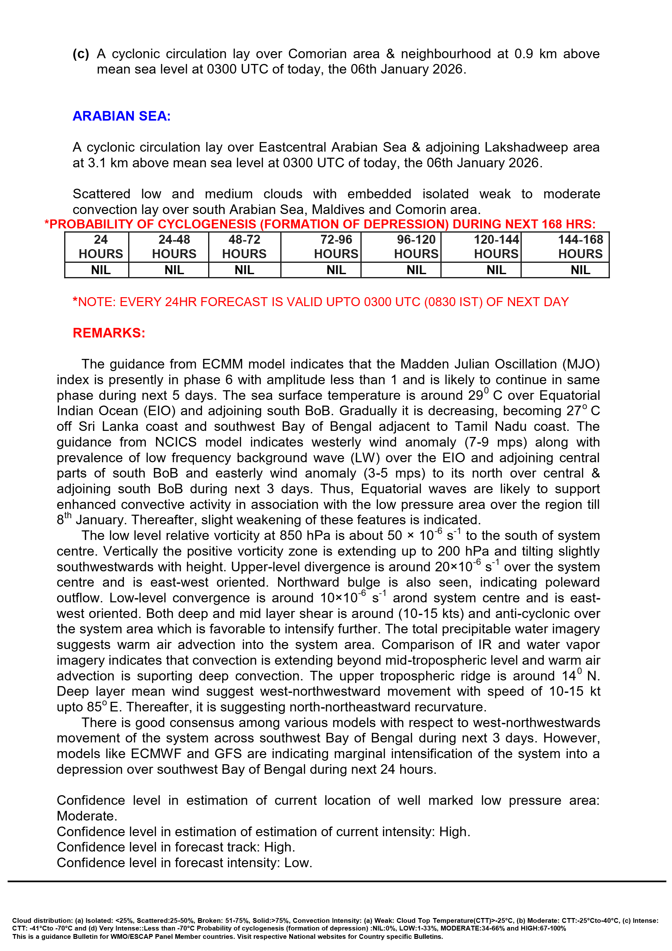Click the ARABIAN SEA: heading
pyautogui.click(x=121, y=116)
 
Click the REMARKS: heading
pyautogui.click(x=109, y=333)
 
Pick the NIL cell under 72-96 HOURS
pyautogui.click(x=336, y=270)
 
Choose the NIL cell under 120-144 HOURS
pyautogui.click(x=496, y=270)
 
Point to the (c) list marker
pyautogui.click(x=81, y=54)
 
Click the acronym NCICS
pyautogui.click(x=176, y=442)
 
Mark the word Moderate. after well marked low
pyautogui.click(x=87, y=816)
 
